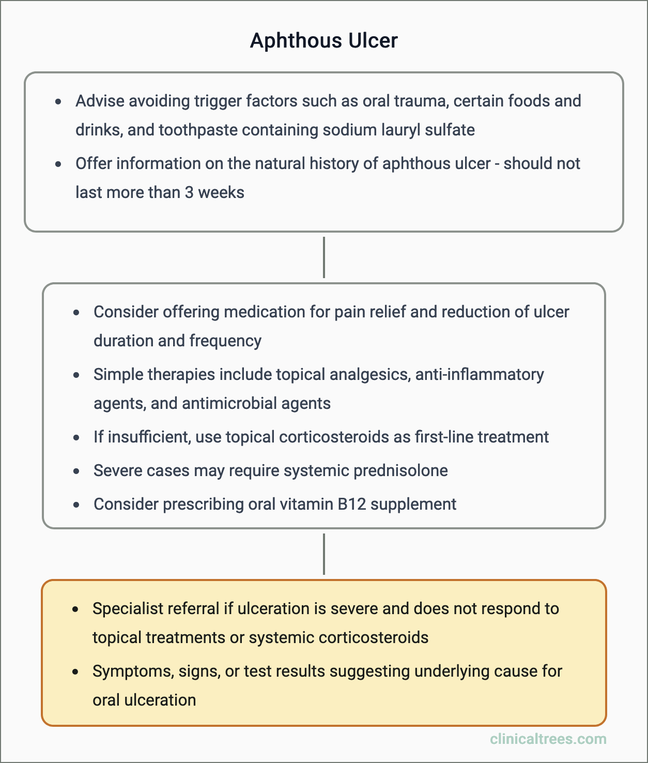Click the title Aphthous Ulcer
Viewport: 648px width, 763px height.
click(324, 41)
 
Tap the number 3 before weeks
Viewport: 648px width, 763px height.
click(189, 192)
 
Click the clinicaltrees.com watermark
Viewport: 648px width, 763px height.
click(548, 739)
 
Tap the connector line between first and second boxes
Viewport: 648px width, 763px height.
click(324, 257)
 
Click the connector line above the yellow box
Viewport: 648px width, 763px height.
click(324, 554)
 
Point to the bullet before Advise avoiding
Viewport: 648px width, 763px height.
click(58, 101)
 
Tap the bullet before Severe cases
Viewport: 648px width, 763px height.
click(76, 471)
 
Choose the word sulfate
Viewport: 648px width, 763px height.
click(450, 130)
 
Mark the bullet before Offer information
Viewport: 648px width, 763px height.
click(58, 164)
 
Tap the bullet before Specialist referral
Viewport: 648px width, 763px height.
click(75, 609)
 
